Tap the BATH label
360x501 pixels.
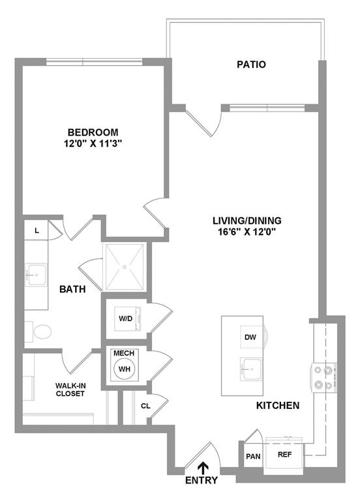click(72, 289)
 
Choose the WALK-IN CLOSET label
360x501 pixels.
click(70, 389)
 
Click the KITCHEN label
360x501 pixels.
click(277, 405)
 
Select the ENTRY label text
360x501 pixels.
click(202, 481)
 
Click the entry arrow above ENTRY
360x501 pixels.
click(202, 466)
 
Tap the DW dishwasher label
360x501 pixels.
click(250, 337)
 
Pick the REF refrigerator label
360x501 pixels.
click(284, 454)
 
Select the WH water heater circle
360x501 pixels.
click(124, 369)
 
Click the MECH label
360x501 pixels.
click(124, 353)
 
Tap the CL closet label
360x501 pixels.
click(145, 405)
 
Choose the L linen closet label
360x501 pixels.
click(37, 230)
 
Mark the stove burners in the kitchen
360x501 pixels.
click(323, 376)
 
